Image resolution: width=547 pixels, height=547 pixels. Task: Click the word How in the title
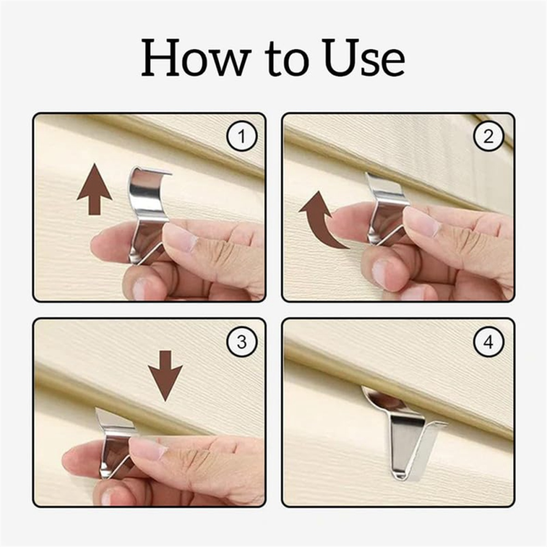[x=196, y=57]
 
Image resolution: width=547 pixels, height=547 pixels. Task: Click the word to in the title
[x=287, y=59]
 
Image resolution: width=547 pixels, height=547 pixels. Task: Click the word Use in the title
[x=365, y=57]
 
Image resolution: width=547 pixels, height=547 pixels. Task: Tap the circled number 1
[x=242, y=136]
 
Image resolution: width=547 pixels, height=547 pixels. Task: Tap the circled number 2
[x=488, y=136]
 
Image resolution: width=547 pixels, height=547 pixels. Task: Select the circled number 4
[x=488, y=342]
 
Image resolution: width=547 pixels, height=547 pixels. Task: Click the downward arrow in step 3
[x=165, y=376]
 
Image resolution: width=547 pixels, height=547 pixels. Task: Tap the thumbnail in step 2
[x=380, y=271]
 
